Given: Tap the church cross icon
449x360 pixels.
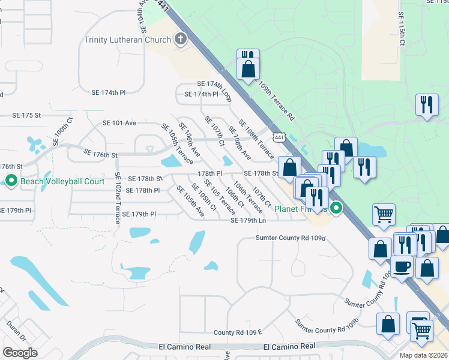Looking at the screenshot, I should pyautogui.click(x=179, y=40).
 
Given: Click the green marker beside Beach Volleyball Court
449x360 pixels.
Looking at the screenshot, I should pyautogui.click(x=11, y=181).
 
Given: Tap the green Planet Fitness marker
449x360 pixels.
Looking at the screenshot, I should pyautogui.click(x=337, y=209).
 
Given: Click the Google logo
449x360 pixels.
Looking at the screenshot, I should pyautogui.click(x=20, y=353).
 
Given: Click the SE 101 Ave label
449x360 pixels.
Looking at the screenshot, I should pyautogui.click(x=119, y=123).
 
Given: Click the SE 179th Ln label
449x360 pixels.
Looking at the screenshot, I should pyautogui.click(x=249, y=221).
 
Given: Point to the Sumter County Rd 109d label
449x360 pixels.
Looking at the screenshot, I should pyautogui.click(x=291, y=238).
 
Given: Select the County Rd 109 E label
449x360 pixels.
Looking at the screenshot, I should pyautogui.click(x=238, y=332).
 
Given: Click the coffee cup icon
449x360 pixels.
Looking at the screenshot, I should pyautogui.click(x=402, y=265).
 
